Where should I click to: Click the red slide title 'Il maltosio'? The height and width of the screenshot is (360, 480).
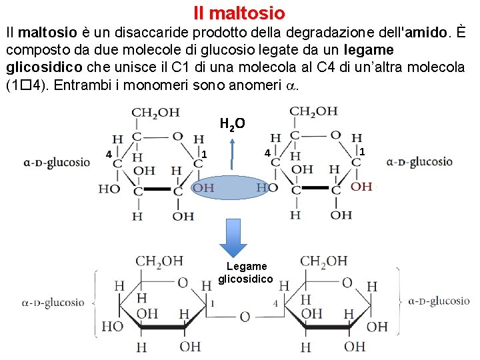239,13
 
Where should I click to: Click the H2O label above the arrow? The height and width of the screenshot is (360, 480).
233,123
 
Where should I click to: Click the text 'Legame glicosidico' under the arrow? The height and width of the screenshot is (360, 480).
245,273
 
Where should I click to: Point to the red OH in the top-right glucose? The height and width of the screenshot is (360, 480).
361,187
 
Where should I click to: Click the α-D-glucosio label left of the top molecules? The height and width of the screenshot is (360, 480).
56,162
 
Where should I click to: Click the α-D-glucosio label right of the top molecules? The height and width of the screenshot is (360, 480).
419,161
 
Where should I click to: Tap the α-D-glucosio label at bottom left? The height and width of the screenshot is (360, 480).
53,302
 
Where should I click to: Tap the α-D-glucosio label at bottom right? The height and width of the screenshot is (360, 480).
437,301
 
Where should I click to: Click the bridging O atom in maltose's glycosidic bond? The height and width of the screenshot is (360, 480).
245,317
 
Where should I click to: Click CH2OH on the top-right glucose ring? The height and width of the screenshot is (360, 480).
313,111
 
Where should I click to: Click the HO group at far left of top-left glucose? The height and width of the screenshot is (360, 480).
109,189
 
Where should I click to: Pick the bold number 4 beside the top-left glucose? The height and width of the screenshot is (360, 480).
108,155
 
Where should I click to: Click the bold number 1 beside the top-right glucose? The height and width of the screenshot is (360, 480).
362,152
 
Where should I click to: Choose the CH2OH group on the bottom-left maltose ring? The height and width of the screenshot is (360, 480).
159,261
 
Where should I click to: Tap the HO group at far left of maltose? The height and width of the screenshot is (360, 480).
112,326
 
